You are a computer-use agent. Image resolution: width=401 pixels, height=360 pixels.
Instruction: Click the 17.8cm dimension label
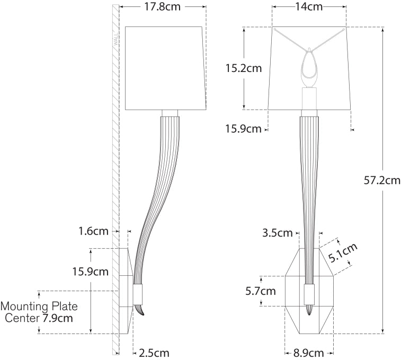(163, 6)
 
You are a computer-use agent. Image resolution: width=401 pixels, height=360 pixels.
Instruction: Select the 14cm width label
(309, 6)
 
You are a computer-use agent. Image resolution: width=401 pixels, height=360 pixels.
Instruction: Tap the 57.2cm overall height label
(382, 181)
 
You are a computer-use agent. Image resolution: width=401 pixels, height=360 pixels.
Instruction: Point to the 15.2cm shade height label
(244, 68)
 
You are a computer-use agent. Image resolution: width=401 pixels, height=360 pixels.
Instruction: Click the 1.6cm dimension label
(93, 231)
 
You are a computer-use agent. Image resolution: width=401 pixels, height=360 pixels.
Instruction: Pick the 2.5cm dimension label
(154, 353)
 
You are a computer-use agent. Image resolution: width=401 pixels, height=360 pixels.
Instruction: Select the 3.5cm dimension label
(278, 233)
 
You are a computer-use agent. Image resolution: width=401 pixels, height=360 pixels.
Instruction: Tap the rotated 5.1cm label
(343, 253)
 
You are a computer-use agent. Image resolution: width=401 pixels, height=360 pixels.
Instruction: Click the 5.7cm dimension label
(261, 291)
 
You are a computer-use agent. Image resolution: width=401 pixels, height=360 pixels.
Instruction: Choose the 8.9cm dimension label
(308, 353)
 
